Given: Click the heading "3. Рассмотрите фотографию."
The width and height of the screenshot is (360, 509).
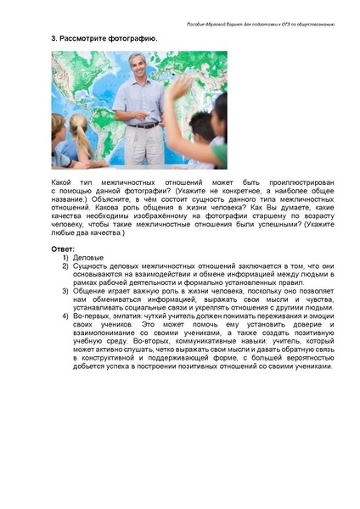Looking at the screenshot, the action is [104, 38].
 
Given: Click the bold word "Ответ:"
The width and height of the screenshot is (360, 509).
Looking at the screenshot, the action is [64, 249].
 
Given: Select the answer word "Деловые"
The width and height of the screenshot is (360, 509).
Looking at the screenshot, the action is [89, 257].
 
